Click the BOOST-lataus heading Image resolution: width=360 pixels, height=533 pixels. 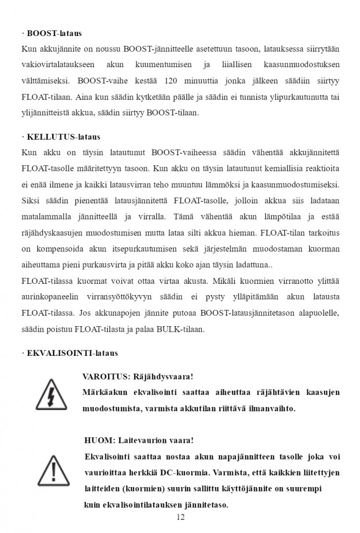coord(53,34)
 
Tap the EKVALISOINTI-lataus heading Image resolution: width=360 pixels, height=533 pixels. coord(71,353)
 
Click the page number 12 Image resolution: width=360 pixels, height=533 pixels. coord(180,517)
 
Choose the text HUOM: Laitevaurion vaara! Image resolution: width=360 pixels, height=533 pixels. coord(140,440)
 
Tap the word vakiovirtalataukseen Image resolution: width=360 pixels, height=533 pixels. coord(57,65)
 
